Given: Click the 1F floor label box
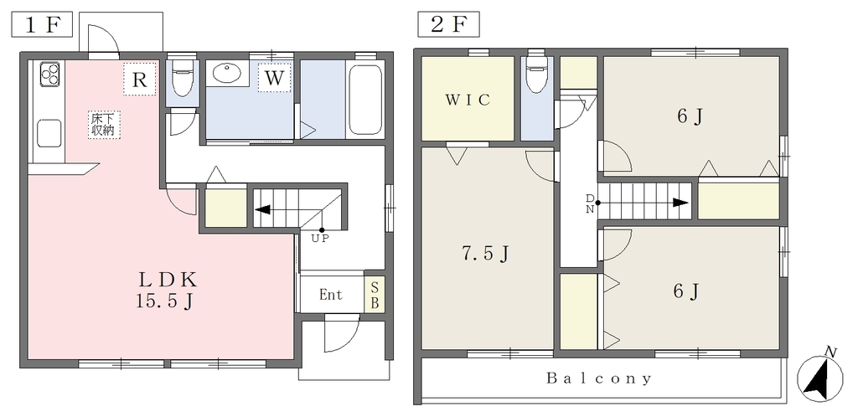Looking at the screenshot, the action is point(42,24).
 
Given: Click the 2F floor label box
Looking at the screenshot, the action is point(448,24).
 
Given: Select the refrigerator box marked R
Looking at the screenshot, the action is point(140,80).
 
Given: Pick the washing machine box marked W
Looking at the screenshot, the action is point(274,78).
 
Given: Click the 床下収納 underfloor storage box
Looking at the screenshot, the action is point(103,125).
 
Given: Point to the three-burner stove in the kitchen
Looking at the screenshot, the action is point(49,75).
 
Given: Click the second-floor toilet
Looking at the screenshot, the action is point(535,74).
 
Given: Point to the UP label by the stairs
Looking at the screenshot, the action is point(320,239).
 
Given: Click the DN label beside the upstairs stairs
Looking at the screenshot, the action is point(590,203).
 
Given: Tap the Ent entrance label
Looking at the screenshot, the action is point(331,295).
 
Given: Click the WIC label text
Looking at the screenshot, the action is point(468,100).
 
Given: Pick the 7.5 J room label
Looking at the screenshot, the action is point(485,254).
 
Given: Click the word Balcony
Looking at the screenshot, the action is point(599,378).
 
